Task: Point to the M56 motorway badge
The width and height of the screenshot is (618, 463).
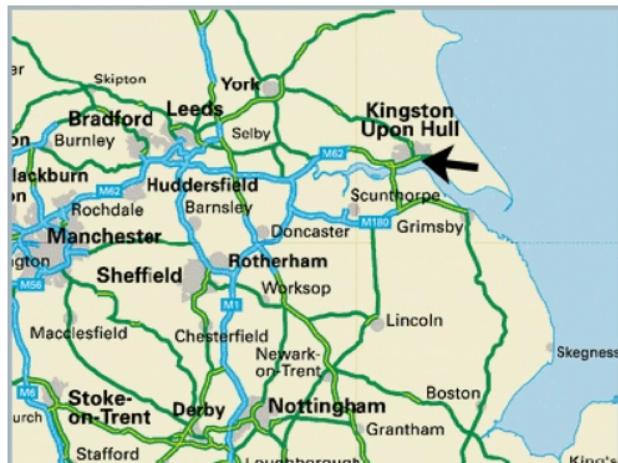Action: point(31,285)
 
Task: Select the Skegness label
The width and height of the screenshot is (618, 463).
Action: point(586,352)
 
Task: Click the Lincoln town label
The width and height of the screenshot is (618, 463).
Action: point(414,320)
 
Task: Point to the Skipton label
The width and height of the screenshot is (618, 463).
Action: point(120,79)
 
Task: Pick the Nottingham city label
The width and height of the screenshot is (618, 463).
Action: point(327,406)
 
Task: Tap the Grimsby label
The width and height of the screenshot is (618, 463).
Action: point(430,227)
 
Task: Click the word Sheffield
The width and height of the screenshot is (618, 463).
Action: point(139,275)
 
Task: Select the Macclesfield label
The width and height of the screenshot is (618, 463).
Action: point(79,333)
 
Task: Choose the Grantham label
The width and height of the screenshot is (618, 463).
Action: point(405,429)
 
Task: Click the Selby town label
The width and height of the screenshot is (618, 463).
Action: point(251,134)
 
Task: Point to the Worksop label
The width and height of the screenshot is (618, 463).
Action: point(296,288)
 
